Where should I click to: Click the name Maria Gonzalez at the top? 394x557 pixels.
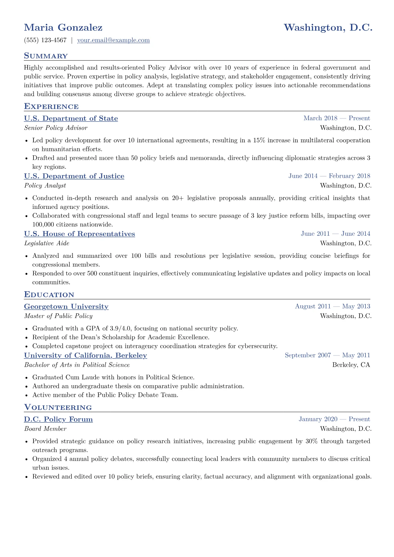(x=63, y=27)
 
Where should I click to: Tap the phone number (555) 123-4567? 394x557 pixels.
(x=45, y=40)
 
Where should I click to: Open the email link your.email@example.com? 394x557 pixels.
(x=113, y=40)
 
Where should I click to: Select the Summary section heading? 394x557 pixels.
(x=46, y=56)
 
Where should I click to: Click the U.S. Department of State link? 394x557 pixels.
(x=71, y=118)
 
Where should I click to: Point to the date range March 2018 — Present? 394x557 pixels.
(x=337, y=118)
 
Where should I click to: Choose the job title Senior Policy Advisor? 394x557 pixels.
(x=56, y=128)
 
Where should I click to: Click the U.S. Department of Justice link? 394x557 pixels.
(x=74, y=176)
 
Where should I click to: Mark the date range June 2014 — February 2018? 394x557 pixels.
(x=329, y=176)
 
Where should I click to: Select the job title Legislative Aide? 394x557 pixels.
(x=47, y=243)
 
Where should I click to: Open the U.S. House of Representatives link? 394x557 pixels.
(x=79, y=234)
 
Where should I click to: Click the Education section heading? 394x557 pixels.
(x=49, y=295)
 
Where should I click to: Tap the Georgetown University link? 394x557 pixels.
(x=66, y=306)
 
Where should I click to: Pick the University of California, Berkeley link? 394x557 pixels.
(x=85, y=355)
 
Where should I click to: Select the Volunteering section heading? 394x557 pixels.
(x=58, y=407)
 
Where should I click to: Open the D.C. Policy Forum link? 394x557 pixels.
(x=58, y=419)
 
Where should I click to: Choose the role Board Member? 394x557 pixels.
(x=45, y=429)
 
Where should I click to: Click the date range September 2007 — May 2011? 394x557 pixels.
(x=327, y=355)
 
